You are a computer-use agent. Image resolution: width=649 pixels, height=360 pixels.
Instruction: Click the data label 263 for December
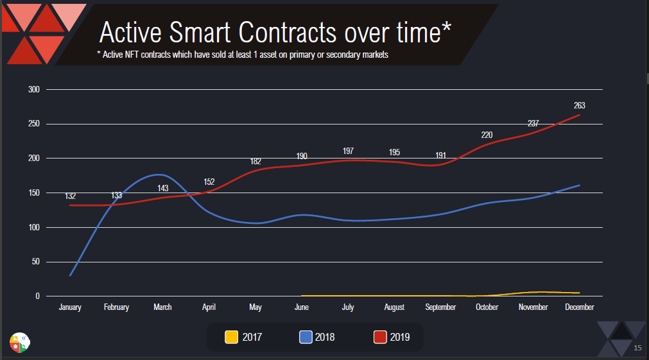pos(580,106)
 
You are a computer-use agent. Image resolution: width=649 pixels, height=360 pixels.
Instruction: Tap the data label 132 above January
pos(71,196)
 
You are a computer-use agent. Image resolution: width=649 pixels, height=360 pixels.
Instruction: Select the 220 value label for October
pos(487,135)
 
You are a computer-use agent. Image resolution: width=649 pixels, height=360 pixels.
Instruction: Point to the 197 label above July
pos(348,151)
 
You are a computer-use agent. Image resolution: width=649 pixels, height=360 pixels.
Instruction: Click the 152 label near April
pos(209,182)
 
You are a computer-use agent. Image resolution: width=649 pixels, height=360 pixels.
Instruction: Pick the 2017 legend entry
pos(243,336)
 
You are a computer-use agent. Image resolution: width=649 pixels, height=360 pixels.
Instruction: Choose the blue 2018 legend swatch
pos(306,336)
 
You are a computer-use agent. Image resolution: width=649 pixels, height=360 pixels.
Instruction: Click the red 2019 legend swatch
pos(381,336)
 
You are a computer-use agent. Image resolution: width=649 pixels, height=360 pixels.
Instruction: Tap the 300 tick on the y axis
pos(35,89)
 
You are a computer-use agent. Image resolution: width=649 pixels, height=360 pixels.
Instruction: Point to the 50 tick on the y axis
pos(37,262)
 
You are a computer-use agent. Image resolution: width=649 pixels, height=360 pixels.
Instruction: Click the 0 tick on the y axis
pos(39,296)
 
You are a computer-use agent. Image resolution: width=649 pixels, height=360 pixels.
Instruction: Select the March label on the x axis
pos(162,307)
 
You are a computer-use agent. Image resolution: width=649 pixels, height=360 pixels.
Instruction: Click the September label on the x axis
pos(440,307)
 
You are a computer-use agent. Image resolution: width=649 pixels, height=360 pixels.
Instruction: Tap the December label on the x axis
pos(580,307)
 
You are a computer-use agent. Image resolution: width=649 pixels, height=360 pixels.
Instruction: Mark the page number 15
pos(637,348)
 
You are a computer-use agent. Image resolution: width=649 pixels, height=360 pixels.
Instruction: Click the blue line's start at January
pos(70,275)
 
